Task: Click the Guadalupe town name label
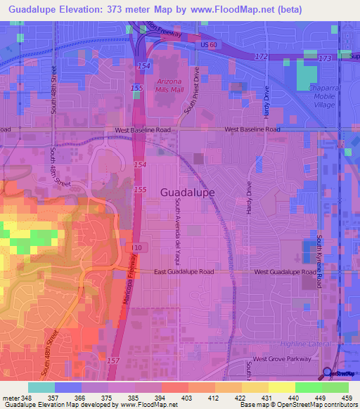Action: click(187, 191)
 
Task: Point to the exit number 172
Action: click(262, 56)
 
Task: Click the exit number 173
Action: click(325, 58)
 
